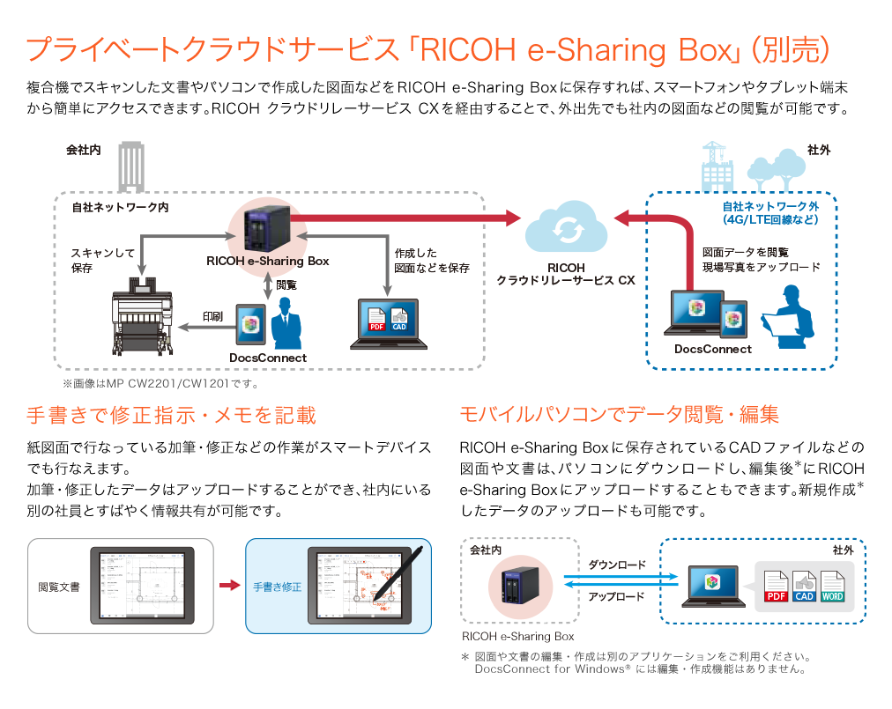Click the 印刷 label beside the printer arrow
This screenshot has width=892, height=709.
point(212,315)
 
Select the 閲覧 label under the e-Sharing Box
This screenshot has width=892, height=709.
point(286,284)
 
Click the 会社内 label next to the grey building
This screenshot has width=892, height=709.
point(84,151)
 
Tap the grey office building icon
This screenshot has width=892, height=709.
point(132,166)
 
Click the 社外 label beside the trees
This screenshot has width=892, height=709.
point(819,151)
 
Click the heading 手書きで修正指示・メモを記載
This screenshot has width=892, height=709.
point(171,415)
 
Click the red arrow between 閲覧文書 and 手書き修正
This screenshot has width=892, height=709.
point(229,586)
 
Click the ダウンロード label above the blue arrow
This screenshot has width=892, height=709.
point(617,565)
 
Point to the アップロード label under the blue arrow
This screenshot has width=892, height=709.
point(617,596)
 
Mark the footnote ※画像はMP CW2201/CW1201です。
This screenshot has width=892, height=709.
point(160,384)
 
